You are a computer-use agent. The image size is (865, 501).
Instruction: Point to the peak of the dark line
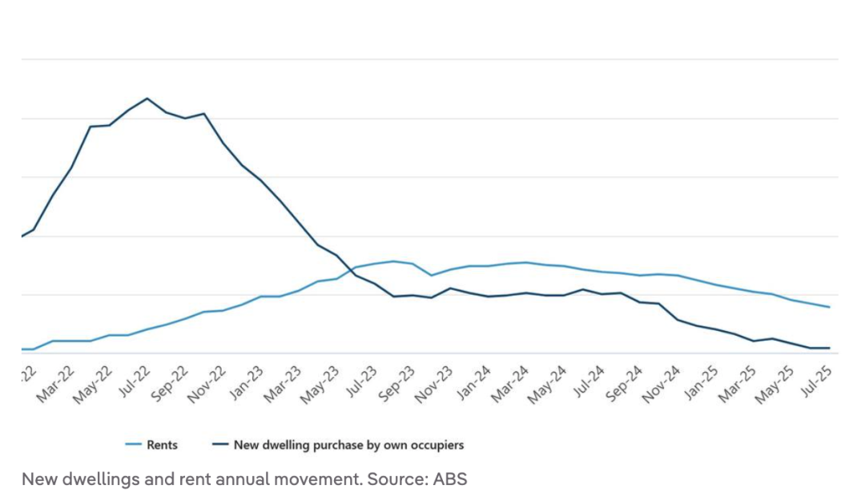147,99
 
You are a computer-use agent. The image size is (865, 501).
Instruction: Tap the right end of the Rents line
829,307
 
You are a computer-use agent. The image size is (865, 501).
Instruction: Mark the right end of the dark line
829,348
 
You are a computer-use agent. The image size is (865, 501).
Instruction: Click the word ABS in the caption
450,479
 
